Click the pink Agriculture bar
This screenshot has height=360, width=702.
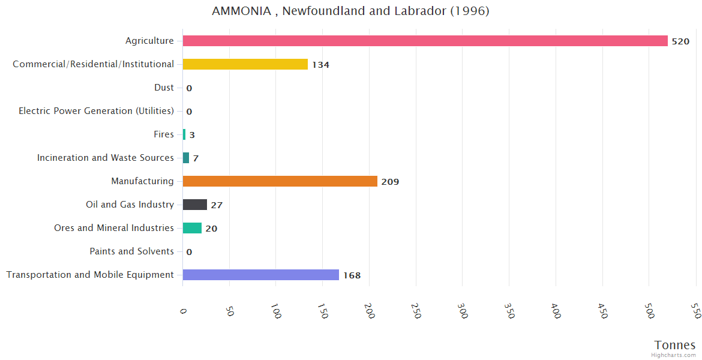pyautogui.click(x=425, y=41)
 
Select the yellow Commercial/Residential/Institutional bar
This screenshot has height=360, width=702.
pyautogui.click(x=245, y=64)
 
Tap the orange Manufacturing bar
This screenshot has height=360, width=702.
pyautogui.click(x=280, y=181)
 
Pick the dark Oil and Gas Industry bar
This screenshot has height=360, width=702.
pyautogui.click(x=195, y=205)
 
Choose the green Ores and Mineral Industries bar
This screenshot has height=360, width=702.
pyautogui.click(x=192, y=228)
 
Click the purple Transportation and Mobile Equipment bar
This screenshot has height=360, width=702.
pyautogui.click(x=260, y=275)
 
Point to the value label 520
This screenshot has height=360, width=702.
pyautogui.click(x=680, y=41)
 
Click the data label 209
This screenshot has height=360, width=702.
pyautogui.click(x=390, y=182)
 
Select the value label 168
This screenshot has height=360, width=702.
pyautogui.click(x=352, y=275)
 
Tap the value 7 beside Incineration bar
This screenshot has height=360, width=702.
pyautogui.click(x=196, y=158)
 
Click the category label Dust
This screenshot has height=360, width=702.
pyautogui.click(x=164, y=88)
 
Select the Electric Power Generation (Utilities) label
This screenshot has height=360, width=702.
pyautogui.click(x=96, y=111)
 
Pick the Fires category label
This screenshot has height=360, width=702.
pyautogui.click(x=164, y=134)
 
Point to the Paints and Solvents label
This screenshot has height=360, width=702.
pyautogui.click(x=131, y=251)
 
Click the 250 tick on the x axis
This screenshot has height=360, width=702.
pyautogui.click(x=415, y=311)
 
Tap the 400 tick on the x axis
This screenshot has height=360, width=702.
pyautogui.click(x=555, y=311)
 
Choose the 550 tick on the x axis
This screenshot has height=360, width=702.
pyautogui.click(x=695, y=311)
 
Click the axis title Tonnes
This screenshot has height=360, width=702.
pyautogui.click(x=674, y=345)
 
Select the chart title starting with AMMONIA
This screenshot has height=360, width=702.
pyautogui.click(x=350, y=11)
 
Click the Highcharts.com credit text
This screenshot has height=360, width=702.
pyautogui.click(x=673, y=355)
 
